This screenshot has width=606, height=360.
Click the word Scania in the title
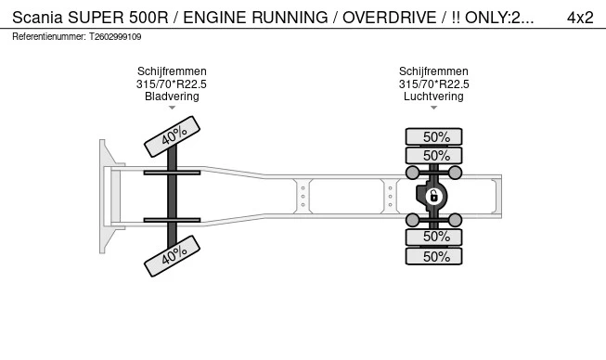pos(38,17)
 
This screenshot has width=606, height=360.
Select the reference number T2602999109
pos(115,37)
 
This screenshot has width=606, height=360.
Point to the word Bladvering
pos(172,96)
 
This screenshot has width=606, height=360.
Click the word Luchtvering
pos(433,96)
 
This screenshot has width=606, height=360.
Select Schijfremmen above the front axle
pos(172,71)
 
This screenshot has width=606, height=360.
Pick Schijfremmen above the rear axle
pos(433,71)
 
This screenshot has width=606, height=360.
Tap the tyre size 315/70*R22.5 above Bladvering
pos(172,84)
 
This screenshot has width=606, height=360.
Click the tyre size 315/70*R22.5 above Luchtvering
pos(433,84)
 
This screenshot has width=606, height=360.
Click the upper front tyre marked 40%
pos(173,136)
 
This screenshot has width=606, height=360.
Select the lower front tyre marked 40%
pos(173,256)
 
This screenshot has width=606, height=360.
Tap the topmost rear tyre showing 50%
pos(433,136)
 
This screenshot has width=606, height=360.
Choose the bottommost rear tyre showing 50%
pos(433,257)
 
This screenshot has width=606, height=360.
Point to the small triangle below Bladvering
pos(172,108)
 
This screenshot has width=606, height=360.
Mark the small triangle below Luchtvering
pos(433,108)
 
